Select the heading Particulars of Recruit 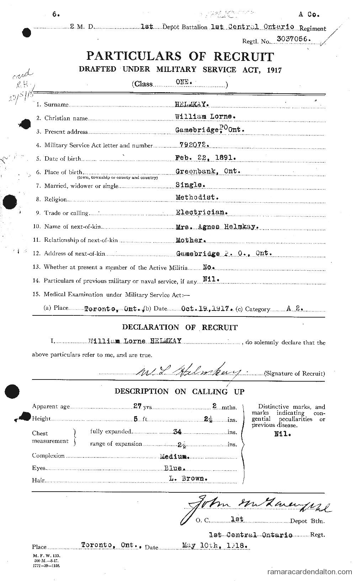click(x=180, y=56)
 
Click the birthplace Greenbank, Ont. click(x=208, y=171)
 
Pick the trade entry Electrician click(x=201, y=212)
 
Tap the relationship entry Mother click(x=191, y=240)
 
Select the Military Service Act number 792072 click(x=192, y=145)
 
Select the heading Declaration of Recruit click(x=180, y=327)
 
